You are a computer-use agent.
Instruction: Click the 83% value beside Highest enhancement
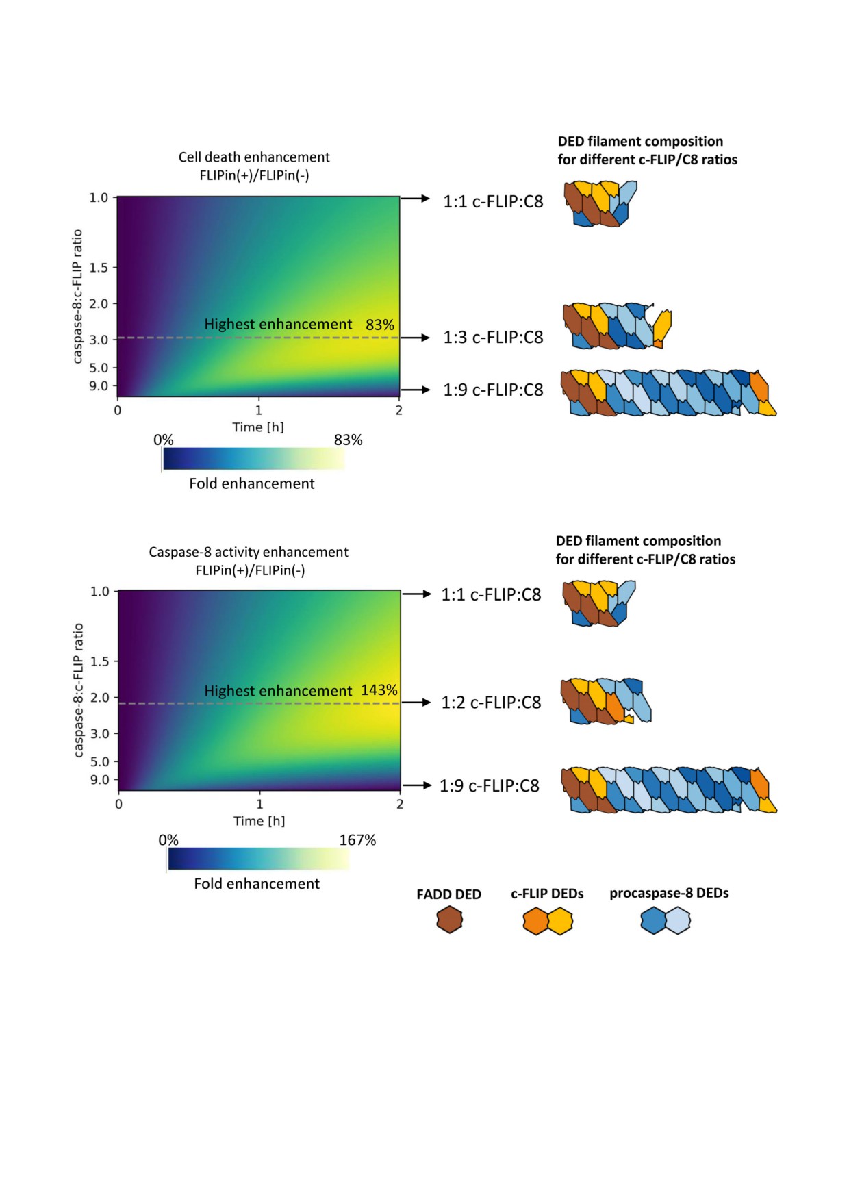(x=380, y=325)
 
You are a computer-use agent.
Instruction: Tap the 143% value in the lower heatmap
(x=379, y=690)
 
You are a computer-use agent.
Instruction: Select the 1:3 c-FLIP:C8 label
(x=493, y=338)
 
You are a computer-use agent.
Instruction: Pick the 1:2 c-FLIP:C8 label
(x=491, y=703)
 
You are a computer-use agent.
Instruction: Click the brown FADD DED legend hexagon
(x=449, y=920)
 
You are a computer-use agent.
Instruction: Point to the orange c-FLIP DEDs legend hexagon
(x=535, y=921)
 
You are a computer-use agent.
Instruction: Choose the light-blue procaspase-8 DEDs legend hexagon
(x=678, y=921)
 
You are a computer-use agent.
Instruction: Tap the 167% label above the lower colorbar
(x=357, y=840)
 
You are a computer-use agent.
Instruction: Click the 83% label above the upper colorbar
(x=348, y=440)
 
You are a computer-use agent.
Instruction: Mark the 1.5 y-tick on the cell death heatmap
(x=99, y=268)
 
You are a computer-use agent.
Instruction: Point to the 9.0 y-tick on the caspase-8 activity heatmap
(x=100, y=780)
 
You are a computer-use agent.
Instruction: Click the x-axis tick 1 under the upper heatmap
(x=259, y=411)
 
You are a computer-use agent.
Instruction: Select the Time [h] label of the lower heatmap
(x=259, y=821)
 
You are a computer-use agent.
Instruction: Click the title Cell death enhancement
(x=254, y=157)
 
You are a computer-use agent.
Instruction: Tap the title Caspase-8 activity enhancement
(x=249, y=552)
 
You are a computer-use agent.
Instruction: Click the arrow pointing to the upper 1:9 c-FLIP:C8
(x=415, y=390)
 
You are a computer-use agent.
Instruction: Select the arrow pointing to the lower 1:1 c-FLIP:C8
(x=416, y=594)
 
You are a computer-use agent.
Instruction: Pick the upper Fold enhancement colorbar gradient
(x=253, y=459)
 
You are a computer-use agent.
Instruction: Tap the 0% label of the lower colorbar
(x=168, y=840)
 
